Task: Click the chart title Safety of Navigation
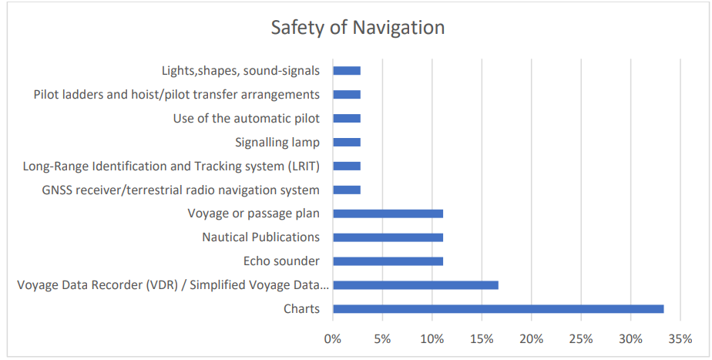click(x=358, y=28)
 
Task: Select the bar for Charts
click(x=498, y=309)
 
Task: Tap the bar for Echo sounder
click(x=388, y=261)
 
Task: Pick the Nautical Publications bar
click(x=388, y=237)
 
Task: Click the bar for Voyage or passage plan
click(x=388, y=214)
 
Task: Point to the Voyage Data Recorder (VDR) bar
click(x=415, y=285)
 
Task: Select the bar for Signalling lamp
click(x=347, y=143)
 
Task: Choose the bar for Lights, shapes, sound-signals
click(x=347, y=71)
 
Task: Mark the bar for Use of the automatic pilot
click(x=347, y=119)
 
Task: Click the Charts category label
click(x=301, y=309)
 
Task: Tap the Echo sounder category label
click(x=281, y=261)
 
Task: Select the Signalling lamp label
click(x=277, y=143)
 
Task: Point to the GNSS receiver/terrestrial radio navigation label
click(x=180, y=190)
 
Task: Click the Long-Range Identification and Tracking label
click(x=171, y=166)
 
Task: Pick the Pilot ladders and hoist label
click(x=176, y=95)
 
